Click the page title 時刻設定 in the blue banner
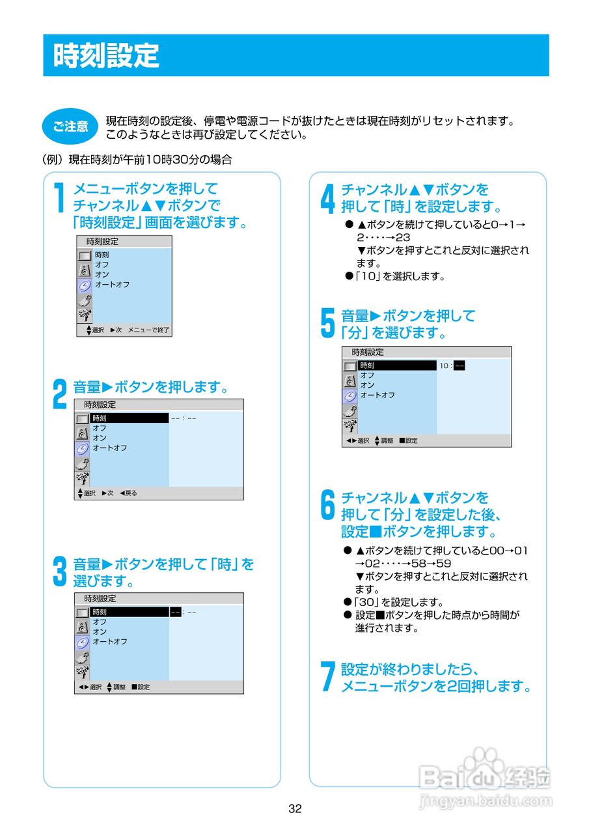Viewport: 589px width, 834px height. (106, 56)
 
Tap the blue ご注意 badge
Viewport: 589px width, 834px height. (70, 126)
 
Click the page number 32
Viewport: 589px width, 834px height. (295, 809)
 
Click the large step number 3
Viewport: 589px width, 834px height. (60, 571)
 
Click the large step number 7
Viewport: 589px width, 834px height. (328, 677)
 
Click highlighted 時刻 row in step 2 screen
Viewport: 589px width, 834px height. (130, 418)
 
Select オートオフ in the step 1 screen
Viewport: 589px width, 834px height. (112, 284)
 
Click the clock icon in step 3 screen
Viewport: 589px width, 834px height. (82, 642)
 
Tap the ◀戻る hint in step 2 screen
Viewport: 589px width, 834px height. (128, 493)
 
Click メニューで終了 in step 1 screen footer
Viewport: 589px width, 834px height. (148, 330)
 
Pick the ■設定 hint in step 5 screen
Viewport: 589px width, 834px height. (408, 440)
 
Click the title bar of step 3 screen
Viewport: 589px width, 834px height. (159, 598)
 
